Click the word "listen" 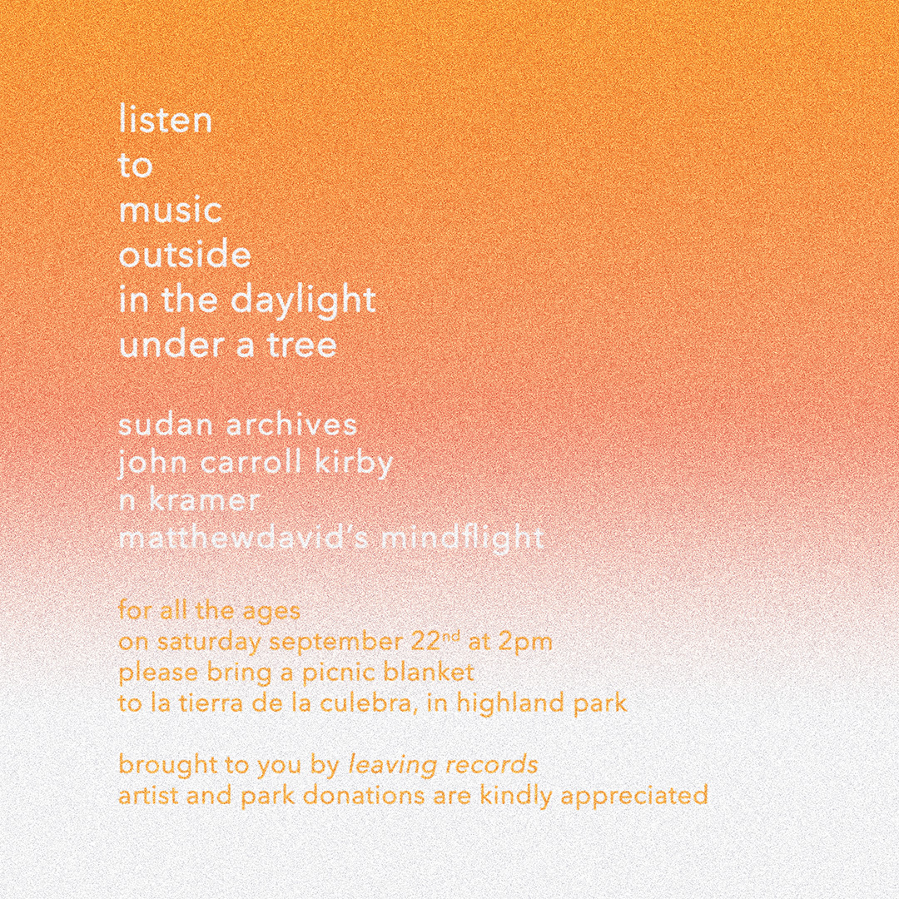165,119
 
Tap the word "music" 171,210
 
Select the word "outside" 185,254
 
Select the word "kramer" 204,500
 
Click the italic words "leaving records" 443,765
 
